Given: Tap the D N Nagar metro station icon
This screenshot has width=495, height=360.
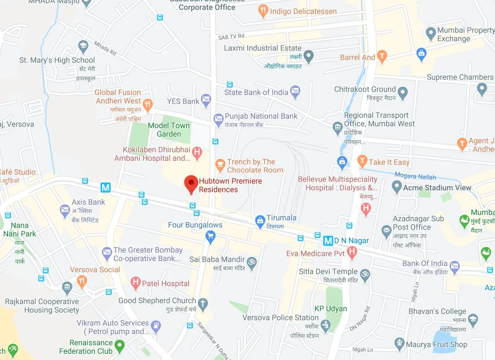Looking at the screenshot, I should (x=328, y=241).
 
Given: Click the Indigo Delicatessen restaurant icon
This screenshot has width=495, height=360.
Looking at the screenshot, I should (x=263, y=11).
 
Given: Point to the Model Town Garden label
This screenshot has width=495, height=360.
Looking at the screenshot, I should (x=169, y=130).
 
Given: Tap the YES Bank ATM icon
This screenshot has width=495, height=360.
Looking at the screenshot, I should (x=206, y=101).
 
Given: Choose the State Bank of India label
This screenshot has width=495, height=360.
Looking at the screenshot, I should (x=256, y=92).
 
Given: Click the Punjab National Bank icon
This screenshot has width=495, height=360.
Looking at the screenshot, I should (x=218, y=119).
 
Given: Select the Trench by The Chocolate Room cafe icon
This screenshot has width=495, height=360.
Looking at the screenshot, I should (x=220, y=165).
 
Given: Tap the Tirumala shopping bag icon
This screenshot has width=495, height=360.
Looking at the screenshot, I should (x=259, y=220).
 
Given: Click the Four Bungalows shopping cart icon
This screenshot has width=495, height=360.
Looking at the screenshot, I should (x=210, y=236).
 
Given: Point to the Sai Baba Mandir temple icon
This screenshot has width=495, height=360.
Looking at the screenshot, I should (x=252, y=261).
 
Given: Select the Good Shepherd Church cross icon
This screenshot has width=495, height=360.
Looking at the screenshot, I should (x=203, y=304).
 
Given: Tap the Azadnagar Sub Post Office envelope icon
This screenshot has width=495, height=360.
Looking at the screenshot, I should (x=386, y=231).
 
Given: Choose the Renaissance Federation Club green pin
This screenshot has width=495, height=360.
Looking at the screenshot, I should (x=119, y=346).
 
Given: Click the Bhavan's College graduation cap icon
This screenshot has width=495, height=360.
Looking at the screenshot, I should (x=473, y=318).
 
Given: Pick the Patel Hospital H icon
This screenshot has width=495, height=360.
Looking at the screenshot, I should (x=135, y=283).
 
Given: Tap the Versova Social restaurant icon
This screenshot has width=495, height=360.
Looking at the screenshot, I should (x=82, y=281).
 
